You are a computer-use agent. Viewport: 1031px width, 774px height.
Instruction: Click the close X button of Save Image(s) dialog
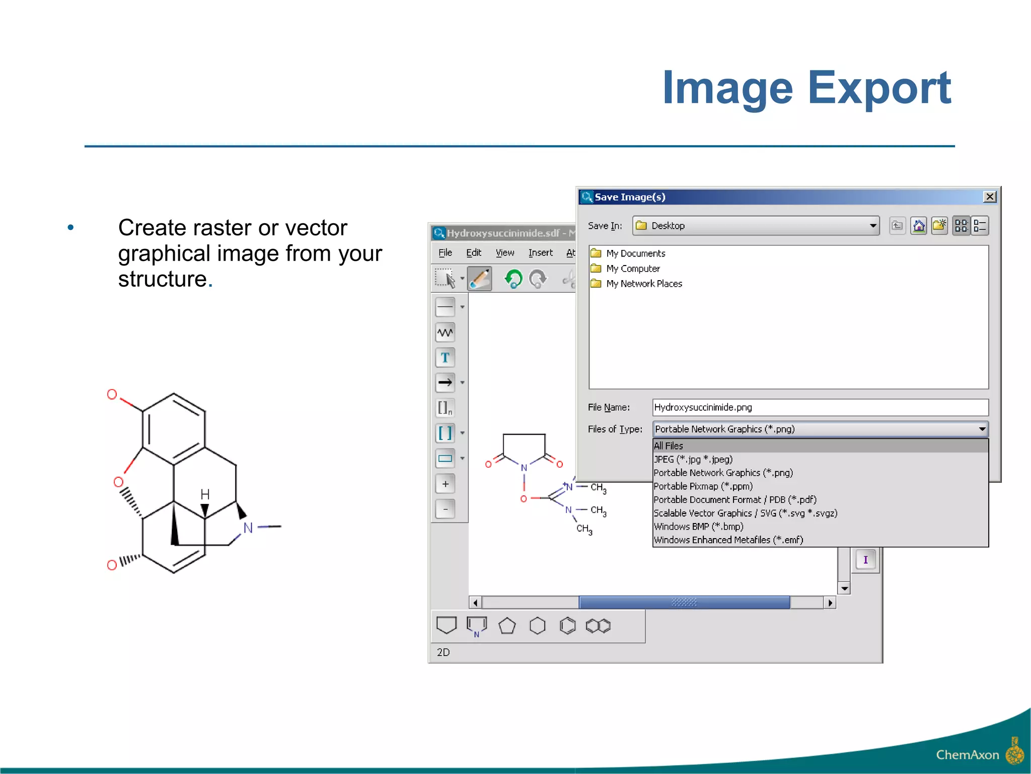point(989,197)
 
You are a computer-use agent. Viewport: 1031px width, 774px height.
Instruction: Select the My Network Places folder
point(643,284)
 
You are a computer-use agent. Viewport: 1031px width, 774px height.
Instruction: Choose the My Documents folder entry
point(635,253)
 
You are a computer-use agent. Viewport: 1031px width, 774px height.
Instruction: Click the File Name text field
point(820,407)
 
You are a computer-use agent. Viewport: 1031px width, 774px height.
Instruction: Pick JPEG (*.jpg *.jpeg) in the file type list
point(693,460)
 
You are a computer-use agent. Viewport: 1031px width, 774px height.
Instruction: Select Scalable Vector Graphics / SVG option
point(745,513)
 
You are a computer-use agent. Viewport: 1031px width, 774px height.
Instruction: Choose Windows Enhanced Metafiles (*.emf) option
point(728,540)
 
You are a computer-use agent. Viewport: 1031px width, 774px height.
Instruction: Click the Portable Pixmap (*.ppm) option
point(703,486)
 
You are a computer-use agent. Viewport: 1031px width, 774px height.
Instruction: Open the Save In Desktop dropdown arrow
point(873,226)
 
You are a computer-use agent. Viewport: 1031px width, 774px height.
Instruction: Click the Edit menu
point(473,253)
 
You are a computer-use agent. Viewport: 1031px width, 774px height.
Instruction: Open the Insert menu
point(540,253)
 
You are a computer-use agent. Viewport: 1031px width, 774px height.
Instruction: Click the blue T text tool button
point(445,358)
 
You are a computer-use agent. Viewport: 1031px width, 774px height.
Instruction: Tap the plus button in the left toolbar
point(445,484)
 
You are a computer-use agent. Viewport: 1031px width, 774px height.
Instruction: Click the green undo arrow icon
point(513,279)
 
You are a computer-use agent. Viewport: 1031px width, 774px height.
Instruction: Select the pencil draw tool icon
point(480,279)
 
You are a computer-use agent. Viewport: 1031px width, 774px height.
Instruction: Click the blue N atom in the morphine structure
point(248,528)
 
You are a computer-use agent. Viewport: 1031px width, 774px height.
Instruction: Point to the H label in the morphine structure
point(205,494)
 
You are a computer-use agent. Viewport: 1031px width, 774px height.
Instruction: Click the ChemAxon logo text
point(967,755)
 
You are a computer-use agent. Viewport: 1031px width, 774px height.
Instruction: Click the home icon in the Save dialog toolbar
point(919,226)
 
